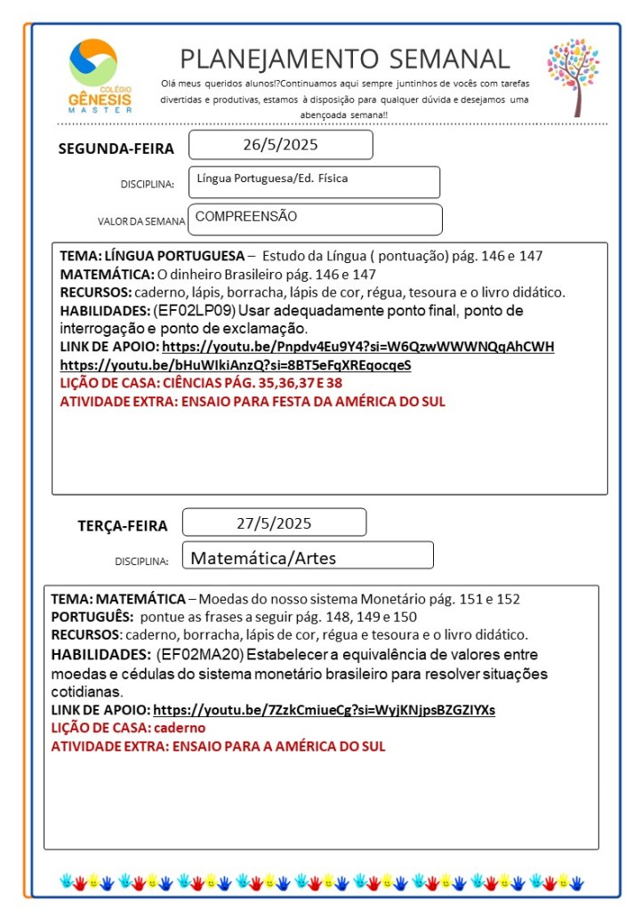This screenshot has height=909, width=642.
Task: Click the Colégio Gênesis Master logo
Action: click(x=100, y=76)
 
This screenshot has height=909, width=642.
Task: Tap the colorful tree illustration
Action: click(x=573, y=75)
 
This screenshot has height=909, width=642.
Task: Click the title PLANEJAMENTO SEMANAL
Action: click(x=345, y=59)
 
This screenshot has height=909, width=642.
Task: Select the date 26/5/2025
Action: click(x=280, y=145)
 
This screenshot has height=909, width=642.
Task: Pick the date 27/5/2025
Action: click(x=274, y=522)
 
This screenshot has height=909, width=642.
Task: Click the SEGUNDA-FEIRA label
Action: click(x=116, y=148)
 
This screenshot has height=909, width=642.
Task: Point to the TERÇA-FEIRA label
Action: click(x=123, y=526)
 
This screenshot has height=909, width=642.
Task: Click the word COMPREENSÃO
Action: click(x=246, y=217)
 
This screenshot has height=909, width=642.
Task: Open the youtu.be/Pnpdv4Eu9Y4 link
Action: click(x=358, y=347)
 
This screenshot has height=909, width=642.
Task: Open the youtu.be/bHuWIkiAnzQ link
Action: click(x=236, y=364)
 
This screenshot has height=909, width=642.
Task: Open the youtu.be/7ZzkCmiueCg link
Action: click(x=324, y=710)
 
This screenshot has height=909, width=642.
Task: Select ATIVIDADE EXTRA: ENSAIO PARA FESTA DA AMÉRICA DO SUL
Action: click(x=252, y=401)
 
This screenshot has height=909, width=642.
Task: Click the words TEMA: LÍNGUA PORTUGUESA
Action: click(x=152, y=256)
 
